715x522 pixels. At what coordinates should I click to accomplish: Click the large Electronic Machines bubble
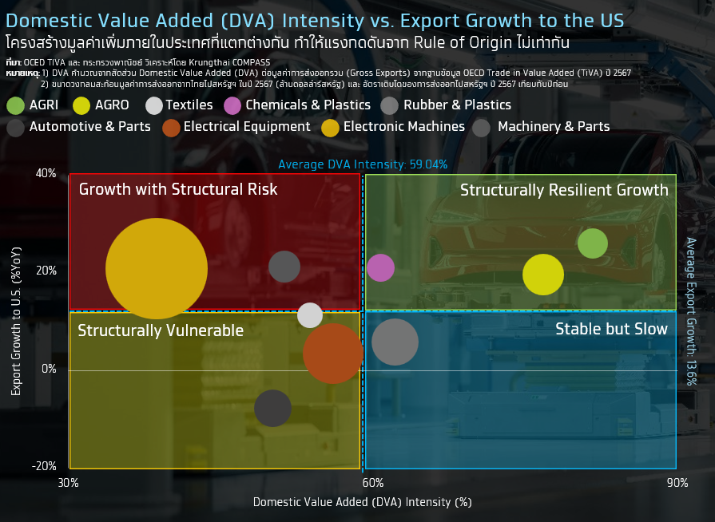pyautogui.click(x=157, y=268)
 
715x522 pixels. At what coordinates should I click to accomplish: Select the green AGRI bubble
pyautogui.click(x=592, y=243)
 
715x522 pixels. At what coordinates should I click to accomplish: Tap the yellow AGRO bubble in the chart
pyautogui.click(x=543, y=274)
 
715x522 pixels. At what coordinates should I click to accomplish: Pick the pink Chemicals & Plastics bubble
pyautogui.click(x=380, y=267)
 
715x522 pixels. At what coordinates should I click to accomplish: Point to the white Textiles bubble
pyautogui.click(x=310, y=314)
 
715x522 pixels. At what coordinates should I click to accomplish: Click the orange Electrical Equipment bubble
pyautogui.click(x=333, y=353)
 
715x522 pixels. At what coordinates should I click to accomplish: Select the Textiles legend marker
pyautogui.click(x=155, y=105)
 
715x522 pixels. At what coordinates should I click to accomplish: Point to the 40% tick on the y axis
pyautogui.click(x=46, y=173)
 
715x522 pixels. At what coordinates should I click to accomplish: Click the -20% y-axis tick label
pyautogui.click(x=45, y=466)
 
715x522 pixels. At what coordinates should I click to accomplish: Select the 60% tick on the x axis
pyautogui.click(x=372, y=483)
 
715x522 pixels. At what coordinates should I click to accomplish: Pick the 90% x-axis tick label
pyautogui.click(x=677, y=483)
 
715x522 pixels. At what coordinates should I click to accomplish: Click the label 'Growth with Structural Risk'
pyautogui.click(x=178, y=189)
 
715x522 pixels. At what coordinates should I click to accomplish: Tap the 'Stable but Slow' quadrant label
pyautogui.click(x=612, y=329)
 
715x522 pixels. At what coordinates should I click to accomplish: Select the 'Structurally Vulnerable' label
pyautogui.click(x=161, y=330)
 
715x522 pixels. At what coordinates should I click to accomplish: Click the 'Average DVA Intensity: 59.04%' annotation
pyautogui.click(x=363, y=164)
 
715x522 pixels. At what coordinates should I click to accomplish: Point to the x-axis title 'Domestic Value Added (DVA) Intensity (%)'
pyautogui.click(x=363, y=502)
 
